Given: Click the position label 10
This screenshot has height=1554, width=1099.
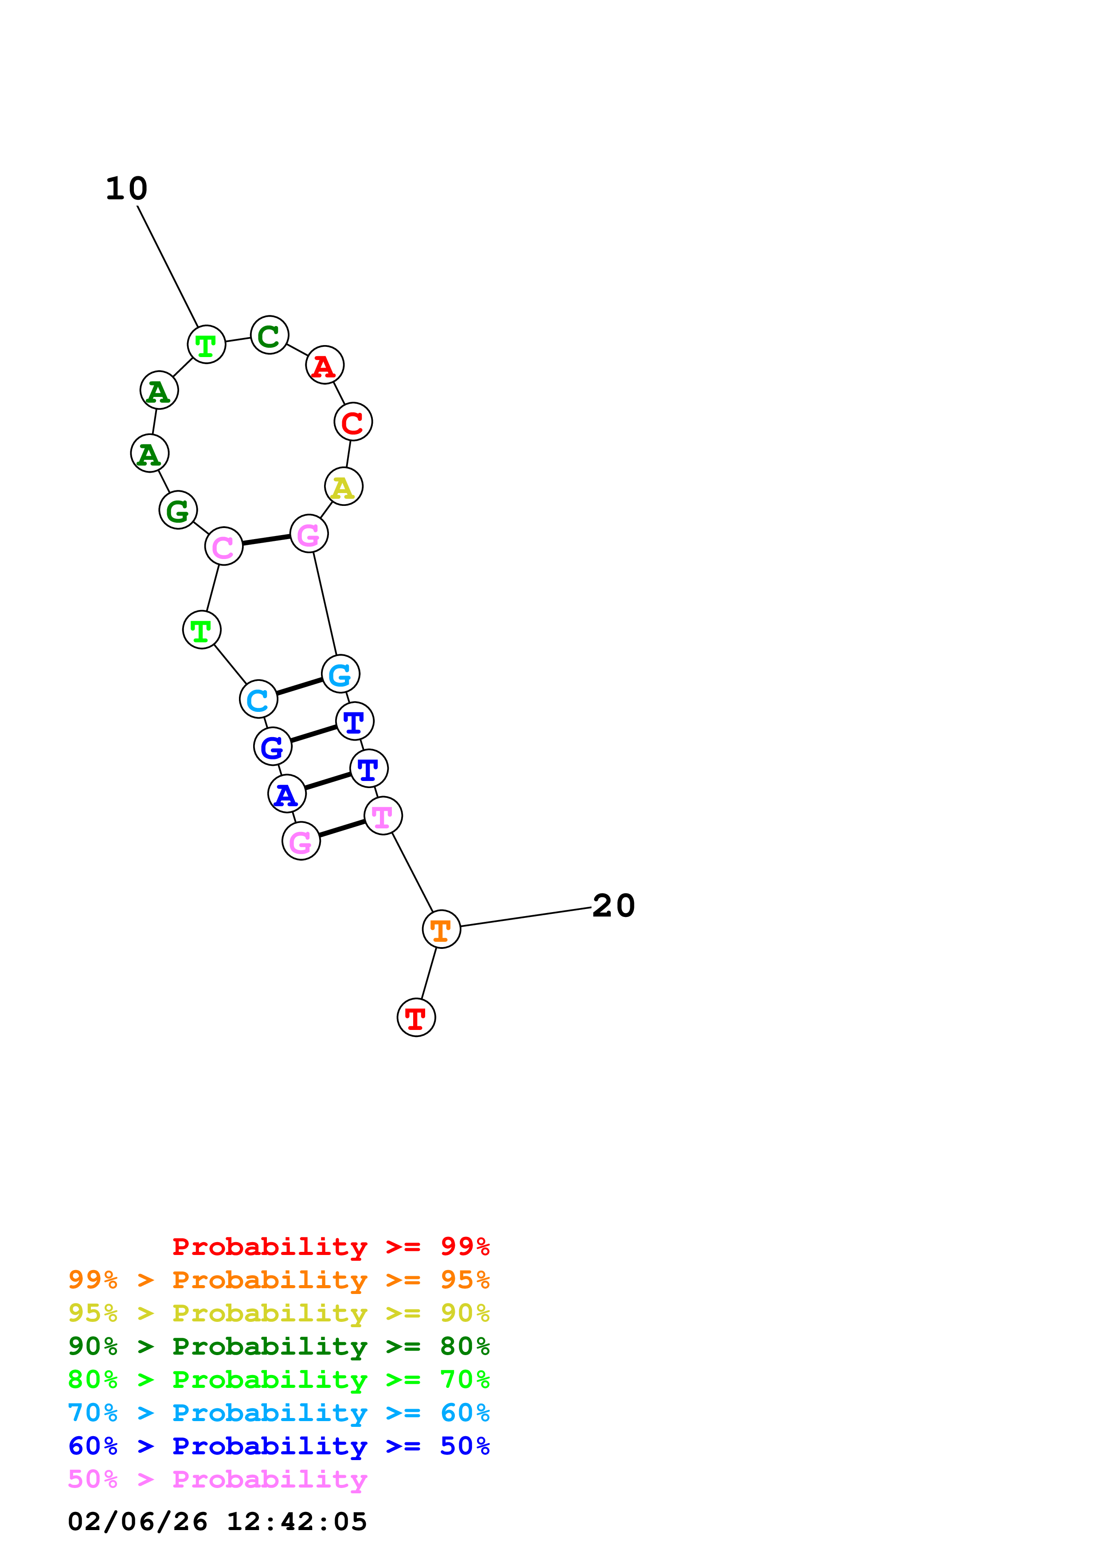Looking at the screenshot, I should (x=127, y=189).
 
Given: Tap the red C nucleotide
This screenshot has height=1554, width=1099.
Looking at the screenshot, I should (x=353, y=422).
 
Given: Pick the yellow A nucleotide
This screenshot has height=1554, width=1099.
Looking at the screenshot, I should (x=344, y=487).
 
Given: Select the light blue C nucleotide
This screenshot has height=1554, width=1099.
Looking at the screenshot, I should (x=258, y=699).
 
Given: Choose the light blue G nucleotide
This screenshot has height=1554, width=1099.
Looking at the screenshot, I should (x=340, y=674).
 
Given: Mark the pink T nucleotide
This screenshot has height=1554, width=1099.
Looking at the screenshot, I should (x=383, y=816).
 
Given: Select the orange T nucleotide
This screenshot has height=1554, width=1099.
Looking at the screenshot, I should (x=442, y=929).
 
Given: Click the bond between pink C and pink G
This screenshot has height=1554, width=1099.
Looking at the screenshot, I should (x=266, y=540).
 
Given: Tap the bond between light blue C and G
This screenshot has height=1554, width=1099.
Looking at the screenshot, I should (x=299, y=686).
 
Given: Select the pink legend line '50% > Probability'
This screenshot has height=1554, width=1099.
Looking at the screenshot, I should (x=217, y=1480).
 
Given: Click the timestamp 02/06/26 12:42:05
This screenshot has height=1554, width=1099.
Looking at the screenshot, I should (x=217, y=1522).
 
